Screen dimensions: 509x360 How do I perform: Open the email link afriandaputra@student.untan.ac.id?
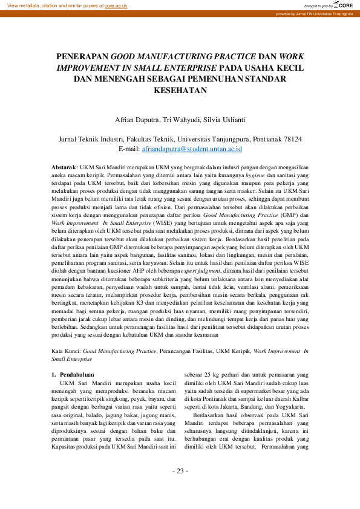(x=192, y=148)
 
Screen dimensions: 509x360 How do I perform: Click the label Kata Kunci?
(x=65, y=351)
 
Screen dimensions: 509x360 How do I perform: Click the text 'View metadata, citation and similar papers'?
(x=52, y=5)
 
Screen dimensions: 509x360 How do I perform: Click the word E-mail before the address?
(x=129, y=148)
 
